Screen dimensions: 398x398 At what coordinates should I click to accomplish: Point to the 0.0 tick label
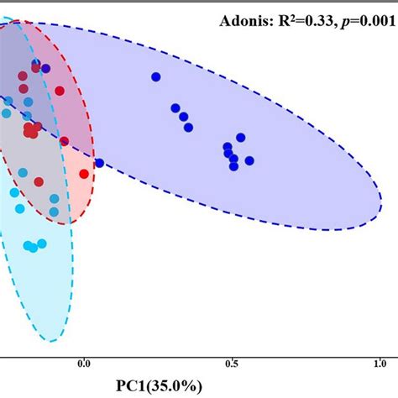click(x=83, y=364)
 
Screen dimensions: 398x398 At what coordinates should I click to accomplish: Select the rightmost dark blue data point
click(x=249, y=160)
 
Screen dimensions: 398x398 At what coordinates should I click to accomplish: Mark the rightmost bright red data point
click(x=84, y=174)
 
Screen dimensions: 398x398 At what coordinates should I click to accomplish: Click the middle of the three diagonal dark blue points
click(x=183, y=118)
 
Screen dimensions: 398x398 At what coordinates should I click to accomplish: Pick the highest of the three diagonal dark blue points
click(x=175, y=107)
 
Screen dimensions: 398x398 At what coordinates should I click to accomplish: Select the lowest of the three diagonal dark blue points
click(x=188, y=128)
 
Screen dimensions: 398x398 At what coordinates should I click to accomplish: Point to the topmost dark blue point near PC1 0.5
click(x=240, y=138)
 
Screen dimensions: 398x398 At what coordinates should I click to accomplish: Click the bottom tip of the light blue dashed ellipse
click(x=52, y=341)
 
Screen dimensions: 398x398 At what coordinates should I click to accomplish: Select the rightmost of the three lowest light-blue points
click(x=41, y=244)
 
